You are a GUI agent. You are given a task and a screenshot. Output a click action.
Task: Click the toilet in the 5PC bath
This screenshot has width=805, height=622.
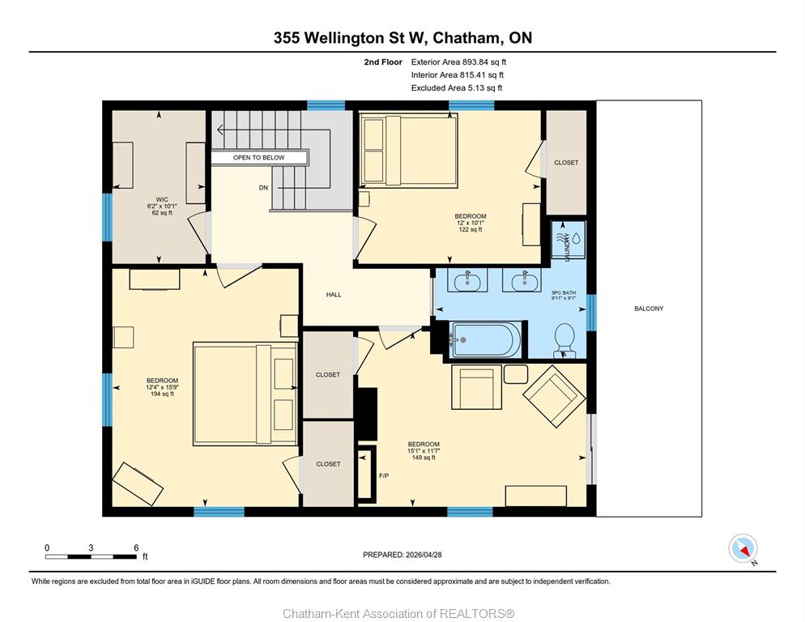click(x=564, y=340)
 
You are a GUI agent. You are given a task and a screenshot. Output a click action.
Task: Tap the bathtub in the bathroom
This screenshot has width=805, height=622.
click(x=486, y=339)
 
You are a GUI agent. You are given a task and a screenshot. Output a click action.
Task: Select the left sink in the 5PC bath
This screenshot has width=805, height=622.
click(x=467, y=281)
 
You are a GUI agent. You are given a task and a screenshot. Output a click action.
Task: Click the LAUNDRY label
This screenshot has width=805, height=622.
click(x=567, y=247)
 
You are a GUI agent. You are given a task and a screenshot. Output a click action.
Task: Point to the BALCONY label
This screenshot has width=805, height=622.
click(x=649, y=309)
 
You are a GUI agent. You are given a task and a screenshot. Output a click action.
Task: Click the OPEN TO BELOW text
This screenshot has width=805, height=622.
click(x=259, y=158)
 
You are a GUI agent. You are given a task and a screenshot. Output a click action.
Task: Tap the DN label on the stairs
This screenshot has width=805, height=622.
click(x=263, y=188)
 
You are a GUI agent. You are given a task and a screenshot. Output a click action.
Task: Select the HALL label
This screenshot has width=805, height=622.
click(x=334, y=295)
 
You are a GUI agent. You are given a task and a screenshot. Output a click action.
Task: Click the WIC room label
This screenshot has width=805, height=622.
click(x=162, y=199)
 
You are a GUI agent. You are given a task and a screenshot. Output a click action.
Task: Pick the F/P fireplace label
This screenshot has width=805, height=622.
click(x=384, y=476)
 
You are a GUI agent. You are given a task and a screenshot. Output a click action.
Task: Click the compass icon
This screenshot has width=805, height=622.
click(x=743, y=548)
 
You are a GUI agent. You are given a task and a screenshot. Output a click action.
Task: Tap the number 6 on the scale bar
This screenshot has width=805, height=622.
click(x=136, y=547)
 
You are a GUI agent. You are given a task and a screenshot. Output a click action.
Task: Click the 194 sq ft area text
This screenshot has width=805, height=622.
click(x=162, y=394)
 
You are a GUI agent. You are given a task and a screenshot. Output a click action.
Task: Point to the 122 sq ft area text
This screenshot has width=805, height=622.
click(x=471, y=229)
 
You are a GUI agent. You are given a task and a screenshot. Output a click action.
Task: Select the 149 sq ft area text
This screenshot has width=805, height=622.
click(x=424, y=458)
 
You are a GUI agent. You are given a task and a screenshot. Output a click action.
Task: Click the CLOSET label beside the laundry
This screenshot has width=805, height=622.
click(x=566, y=162)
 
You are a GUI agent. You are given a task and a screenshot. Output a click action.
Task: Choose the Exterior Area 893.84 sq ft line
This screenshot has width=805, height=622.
click(x=458, y=62)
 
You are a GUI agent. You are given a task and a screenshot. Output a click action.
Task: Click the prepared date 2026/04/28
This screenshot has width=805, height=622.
click(x=424, y=555)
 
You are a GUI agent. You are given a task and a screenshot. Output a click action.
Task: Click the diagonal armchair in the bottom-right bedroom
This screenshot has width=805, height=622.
click(x=554, y=396)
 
